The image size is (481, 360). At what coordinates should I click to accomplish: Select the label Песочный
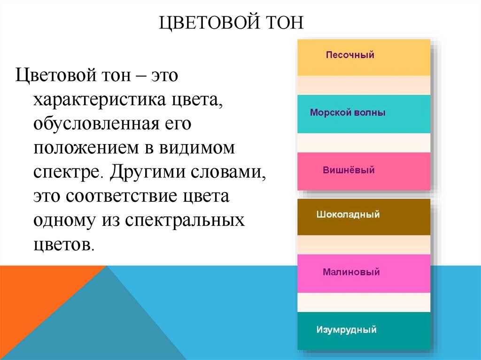coord(350,55)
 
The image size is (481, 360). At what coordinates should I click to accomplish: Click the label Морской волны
coord(348,113)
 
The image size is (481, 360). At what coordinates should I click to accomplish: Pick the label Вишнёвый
coord(349,170)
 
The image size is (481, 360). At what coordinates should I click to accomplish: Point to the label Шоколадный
coord(348,215)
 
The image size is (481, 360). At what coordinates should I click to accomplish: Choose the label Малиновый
coord(351,272)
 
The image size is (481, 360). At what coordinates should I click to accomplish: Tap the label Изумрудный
coord(346,330)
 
